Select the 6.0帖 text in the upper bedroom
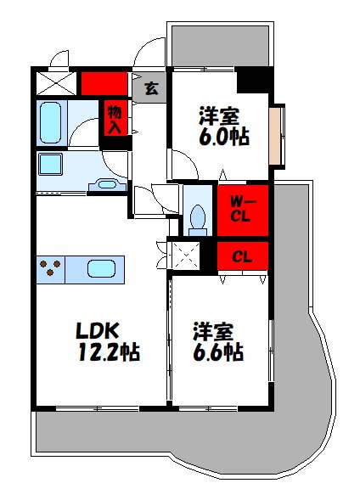tap(224, 136)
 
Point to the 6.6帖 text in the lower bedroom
tap(219, 351)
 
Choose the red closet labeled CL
tap(243, 255)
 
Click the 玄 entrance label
tap(150, 87)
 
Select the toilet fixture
tap(198, 217)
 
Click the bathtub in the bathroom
tap(53, 123)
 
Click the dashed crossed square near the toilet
tap(185, 256)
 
